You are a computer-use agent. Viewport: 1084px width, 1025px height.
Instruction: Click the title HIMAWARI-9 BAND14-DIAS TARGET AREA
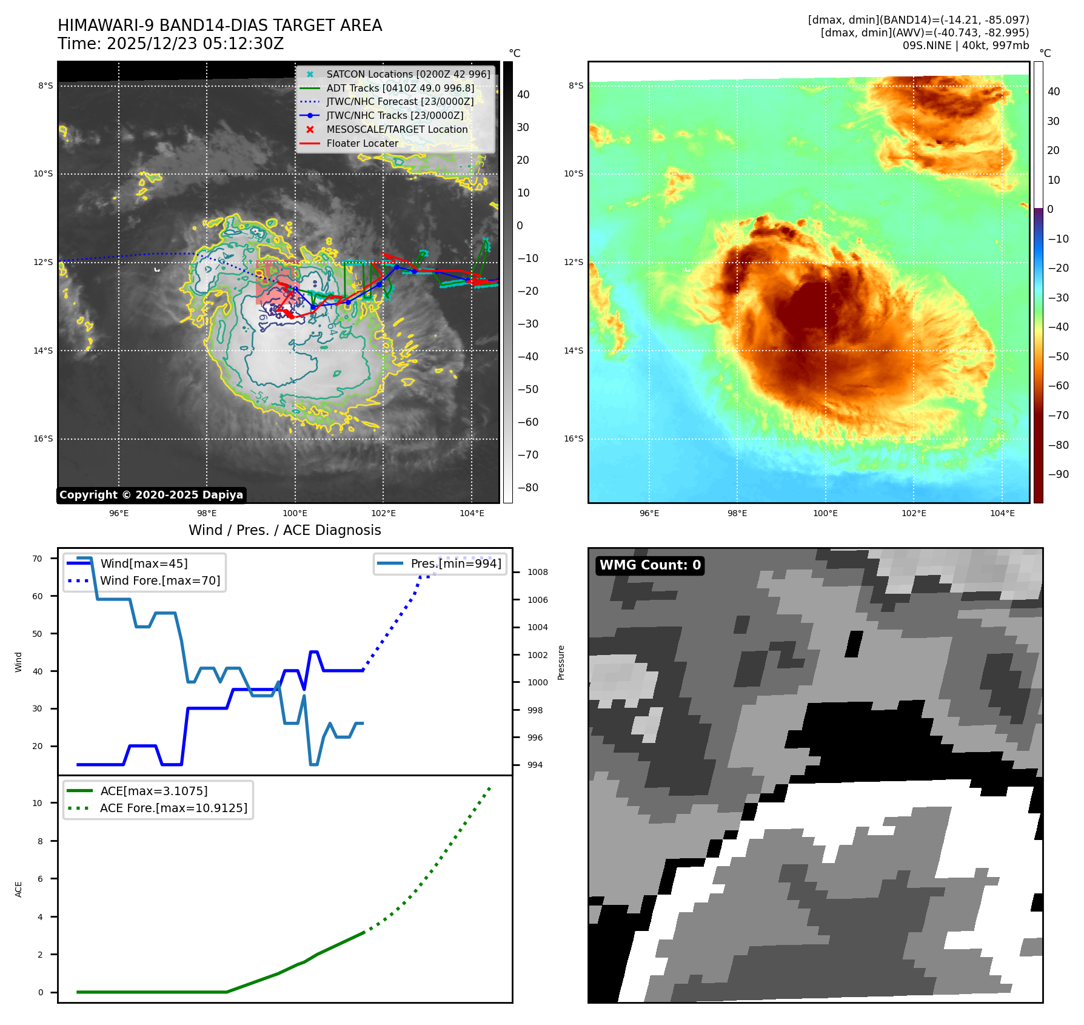click(219, 25)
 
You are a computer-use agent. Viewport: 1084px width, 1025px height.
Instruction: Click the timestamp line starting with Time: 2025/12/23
click(170, 44)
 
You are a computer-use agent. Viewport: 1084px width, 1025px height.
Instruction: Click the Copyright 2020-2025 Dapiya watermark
click(151, 495)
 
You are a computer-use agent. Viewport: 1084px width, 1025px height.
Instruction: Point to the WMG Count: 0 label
click(650, 565)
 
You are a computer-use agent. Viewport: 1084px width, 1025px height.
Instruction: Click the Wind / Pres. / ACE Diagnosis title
click(284, 530)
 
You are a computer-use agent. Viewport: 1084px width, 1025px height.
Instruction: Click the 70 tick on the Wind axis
click(38, 559)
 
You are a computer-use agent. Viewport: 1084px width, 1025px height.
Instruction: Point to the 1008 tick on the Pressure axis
click(537, 572)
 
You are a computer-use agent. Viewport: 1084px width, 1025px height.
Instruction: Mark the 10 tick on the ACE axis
click(38, 803)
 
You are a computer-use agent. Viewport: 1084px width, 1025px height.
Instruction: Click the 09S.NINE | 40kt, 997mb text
click(965, 45)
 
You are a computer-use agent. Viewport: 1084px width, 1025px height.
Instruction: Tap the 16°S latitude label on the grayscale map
click(43, 439)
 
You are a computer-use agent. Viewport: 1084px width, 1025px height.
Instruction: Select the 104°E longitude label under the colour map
click(1002, 513)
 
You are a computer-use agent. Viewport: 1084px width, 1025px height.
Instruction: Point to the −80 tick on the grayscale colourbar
click(527, 488)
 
